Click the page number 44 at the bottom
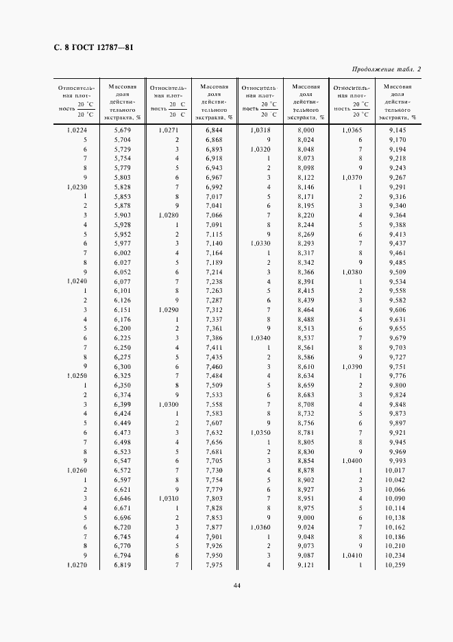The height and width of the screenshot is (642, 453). pos(236,585)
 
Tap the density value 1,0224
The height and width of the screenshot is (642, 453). pos(77,130)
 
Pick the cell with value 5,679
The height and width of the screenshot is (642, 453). pos(122,130)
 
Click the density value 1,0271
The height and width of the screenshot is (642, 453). pos(169,130)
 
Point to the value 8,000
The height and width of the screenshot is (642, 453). pos(306,130)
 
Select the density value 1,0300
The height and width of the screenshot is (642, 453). pos(169,405)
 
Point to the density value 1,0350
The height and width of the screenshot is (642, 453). pos(260,433)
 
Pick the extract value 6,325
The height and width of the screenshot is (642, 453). pos(122,376)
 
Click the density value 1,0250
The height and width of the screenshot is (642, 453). pos(77,376)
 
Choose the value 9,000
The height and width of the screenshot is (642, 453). pos(306,518)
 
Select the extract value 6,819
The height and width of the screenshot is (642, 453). pos(122,565)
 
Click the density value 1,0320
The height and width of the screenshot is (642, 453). pos(260,149)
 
